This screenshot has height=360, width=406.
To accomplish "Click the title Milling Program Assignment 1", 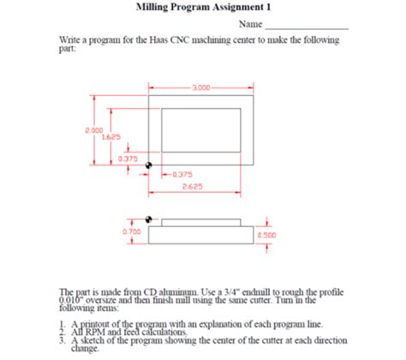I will click(202, 7).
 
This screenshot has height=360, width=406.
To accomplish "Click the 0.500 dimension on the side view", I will click(266, 232).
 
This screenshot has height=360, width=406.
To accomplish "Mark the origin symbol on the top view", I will click(149, 165).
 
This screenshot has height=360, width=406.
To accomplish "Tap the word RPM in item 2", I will click(93, 329).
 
